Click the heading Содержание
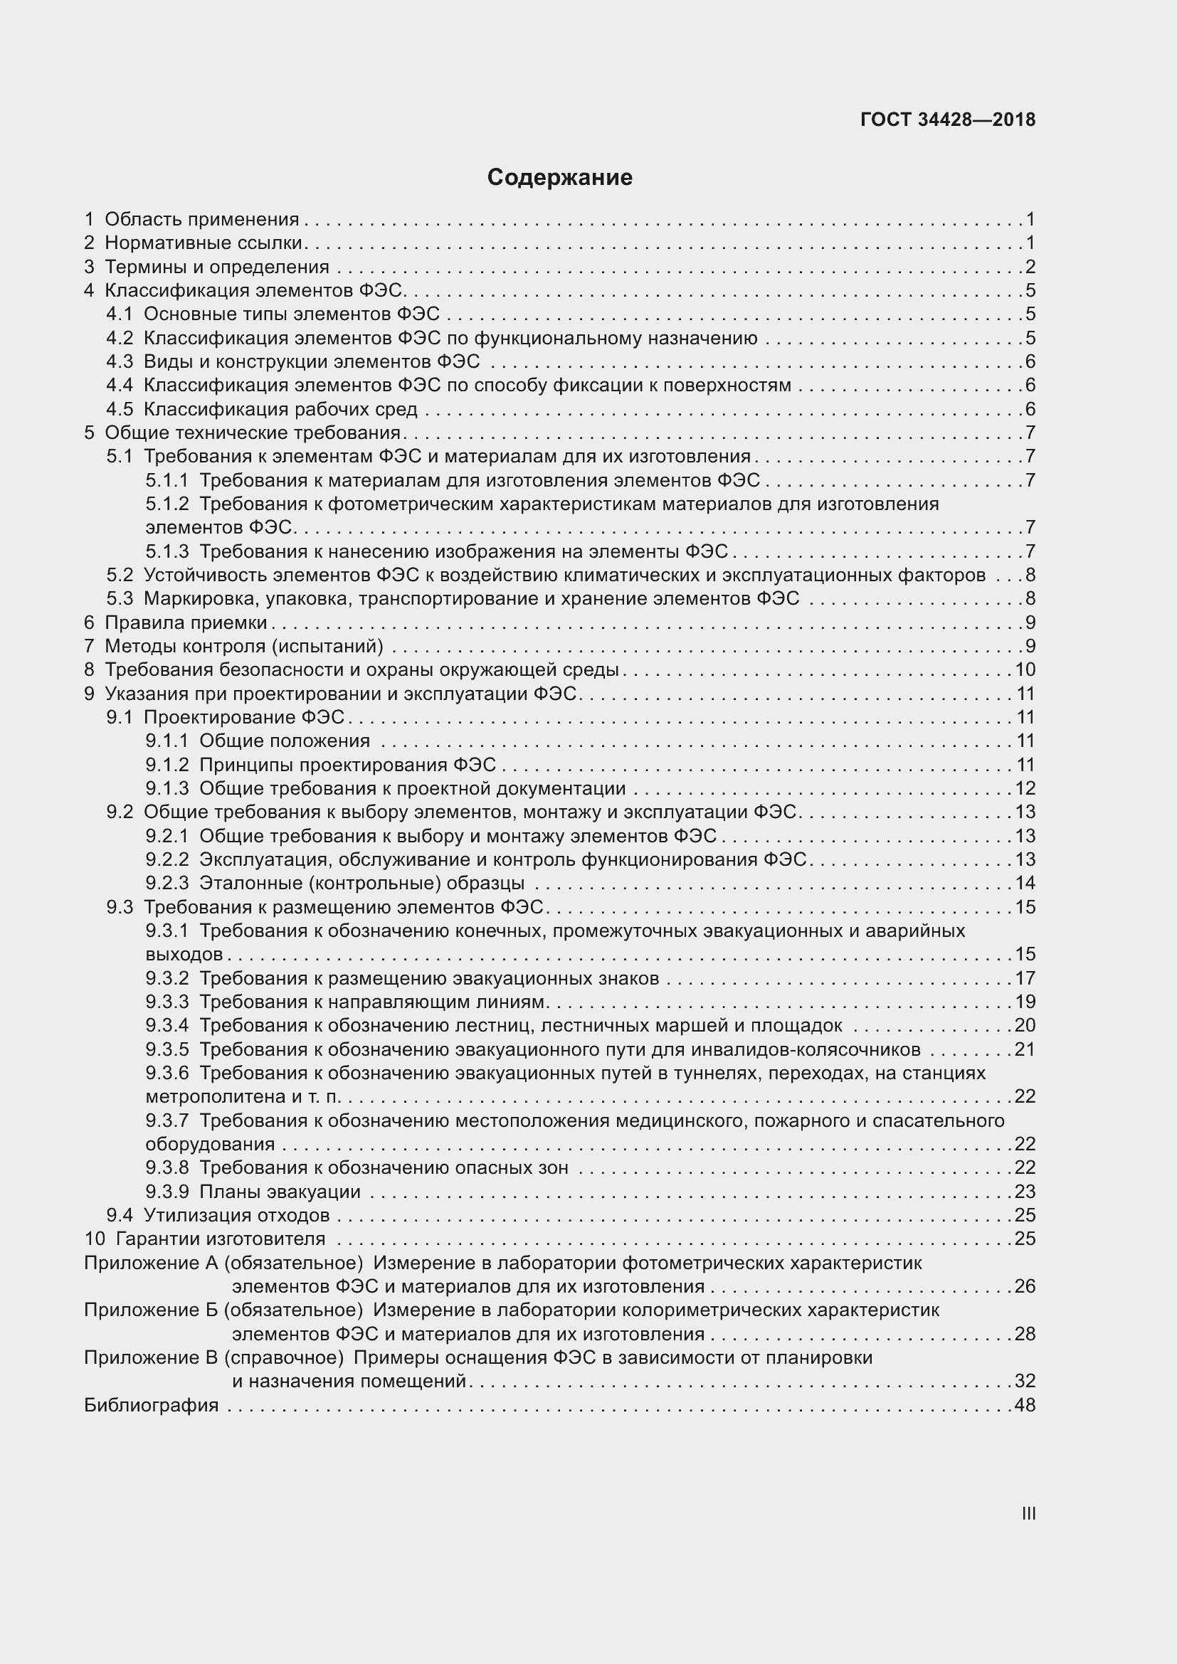559,178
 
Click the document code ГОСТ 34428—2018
947,120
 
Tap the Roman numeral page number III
1028,1513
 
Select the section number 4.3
120,361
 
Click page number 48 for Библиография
1025,1405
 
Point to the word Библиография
151,1405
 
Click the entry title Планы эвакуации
280,1192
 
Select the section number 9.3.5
167,1049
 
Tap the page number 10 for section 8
1025,669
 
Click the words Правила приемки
186,622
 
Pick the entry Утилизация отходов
236,1215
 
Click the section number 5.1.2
167,504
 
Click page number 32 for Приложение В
1025,1381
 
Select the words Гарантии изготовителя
221,1239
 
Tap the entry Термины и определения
217,267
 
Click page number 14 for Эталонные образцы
1025,883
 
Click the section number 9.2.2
167,859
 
